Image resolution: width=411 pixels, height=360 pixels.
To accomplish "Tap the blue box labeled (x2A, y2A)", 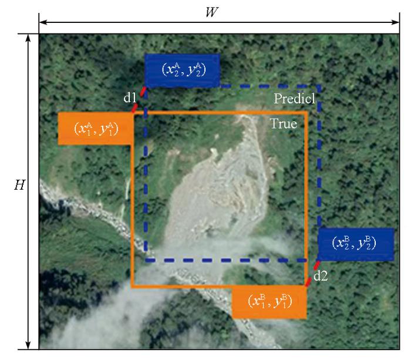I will coord(183,69).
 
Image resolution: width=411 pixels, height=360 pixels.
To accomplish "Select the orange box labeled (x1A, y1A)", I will coord(95,127).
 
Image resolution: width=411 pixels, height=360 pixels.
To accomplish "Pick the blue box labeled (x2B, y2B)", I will coord(355,243).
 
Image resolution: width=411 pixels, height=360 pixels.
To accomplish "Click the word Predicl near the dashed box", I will coord(295,99).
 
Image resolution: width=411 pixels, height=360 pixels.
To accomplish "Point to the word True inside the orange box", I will coord(284,124).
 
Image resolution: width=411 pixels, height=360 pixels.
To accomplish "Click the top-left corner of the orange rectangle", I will coord(133,112).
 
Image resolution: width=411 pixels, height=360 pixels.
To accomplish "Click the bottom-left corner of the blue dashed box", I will coord(146,260).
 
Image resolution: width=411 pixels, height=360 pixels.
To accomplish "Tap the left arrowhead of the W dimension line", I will coord(41,23).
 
